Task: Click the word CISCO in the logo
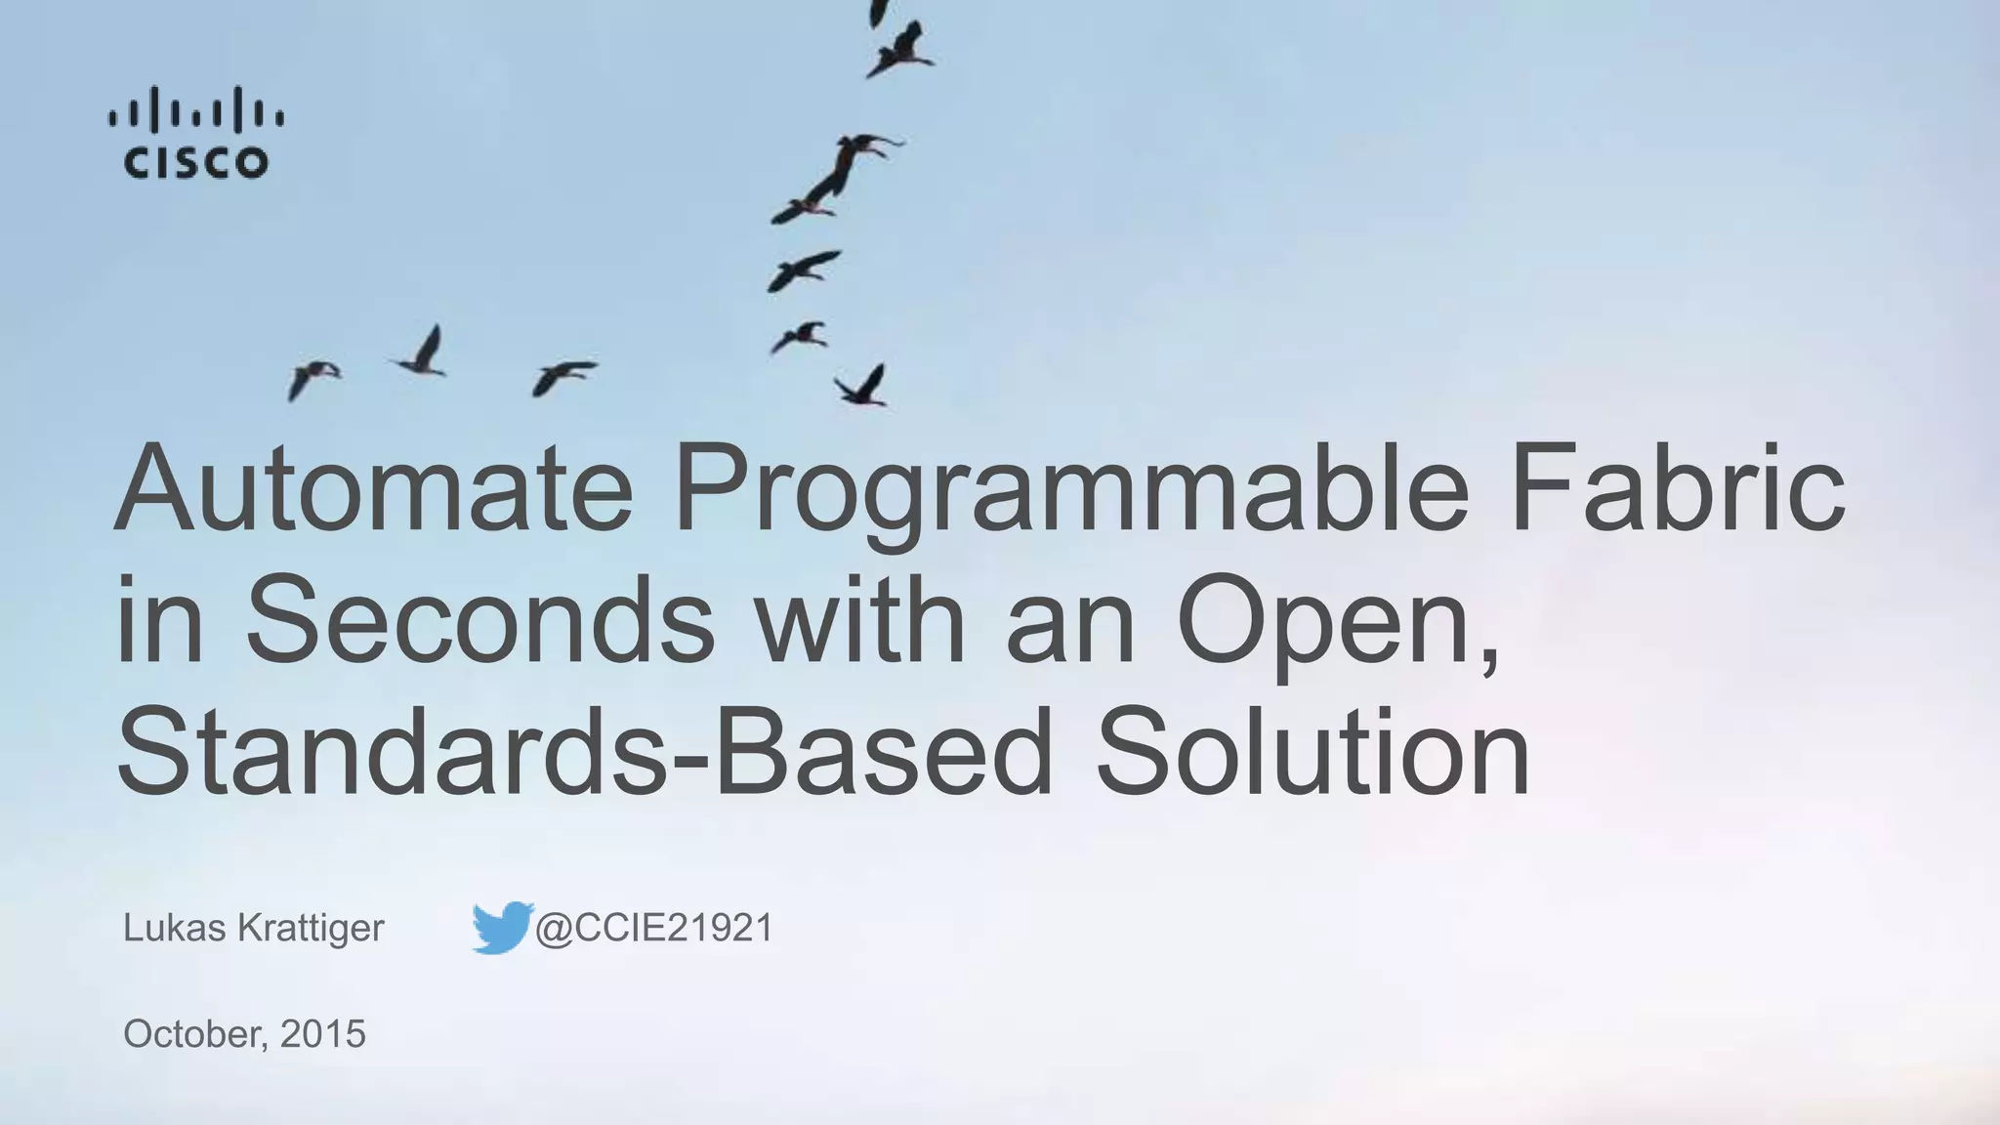coord(195,162)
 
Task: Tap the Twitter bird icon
coord(501,928)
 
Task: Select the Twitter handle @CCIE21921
coord(654,928)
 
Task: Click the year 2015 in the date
coord(322,1033)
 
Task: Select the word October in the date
coord(193,1033)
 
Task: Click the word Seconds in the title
coord(479,621)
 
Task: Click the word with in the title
coord(859,621)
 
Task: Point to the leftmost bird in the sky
coord(311,378)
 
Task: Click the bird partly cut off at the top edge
coord(880,12)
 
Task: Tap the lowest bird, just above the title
coord(861,386)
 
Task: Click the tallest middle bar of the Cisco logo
coord(195,109)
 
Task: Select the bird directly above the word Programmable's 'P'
coord(799,337)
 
